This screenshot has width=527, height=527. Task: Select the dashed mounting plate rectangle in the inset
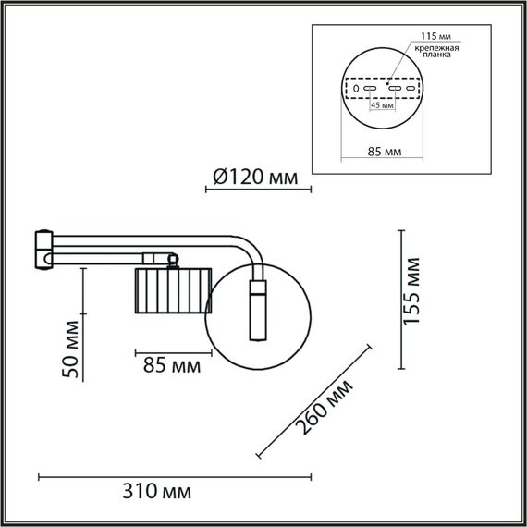click(x=382, y=89)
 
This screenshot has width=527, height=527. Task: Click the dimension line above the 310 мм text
click(x=176, y=476)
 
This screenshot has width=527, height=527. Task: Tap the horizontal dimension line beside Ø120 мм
click(x=258, y=190)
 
